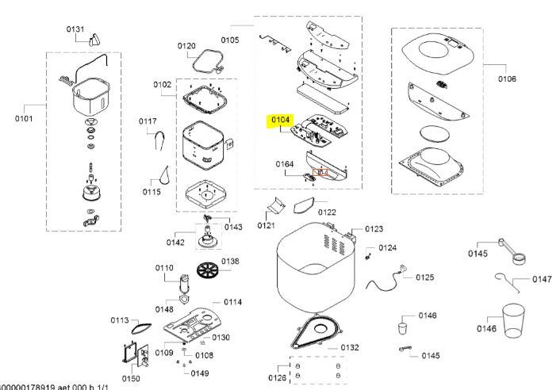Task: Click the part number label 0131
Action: pos(75,29)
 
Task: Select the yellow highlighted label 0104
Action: pos(282,120)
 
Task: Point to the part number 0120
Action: pos(186,46)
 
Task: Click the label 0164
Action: pos(285,164)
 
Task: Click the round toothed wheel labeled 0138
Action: pos(208,270)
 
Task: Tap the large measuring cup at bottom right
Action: pos(512,320)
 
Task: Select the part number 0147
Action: pos(542,279)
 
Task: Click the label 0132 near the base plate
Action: pos(349,347)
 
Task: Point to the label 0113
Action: pos(119,320)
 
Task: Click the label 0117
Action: pos(148,121)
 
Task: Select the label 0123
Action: pos(374,229)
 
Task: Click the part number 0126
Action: pos(276,377)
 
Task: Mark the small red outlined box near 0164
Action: pos(321,173)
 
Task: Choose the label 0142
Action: pos(175,243)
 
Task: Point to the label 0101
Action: pos(25,119)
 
